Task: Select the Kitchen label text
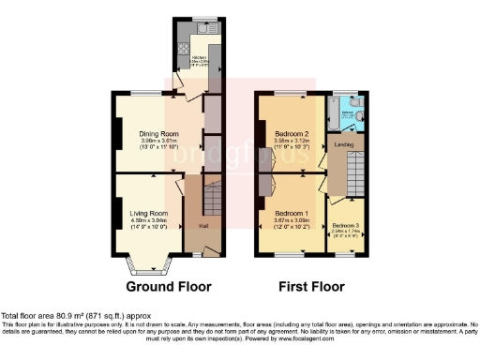(199, 58)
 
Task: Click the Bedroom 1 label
(292, 213)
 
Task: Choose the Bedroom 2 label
(292, 134)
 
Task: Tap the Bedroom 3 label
(345, 226)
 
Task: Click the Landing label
(343, 144)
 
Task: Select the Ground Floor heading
(168, 287)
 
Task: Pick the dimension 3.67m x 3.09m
(292, 220)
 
